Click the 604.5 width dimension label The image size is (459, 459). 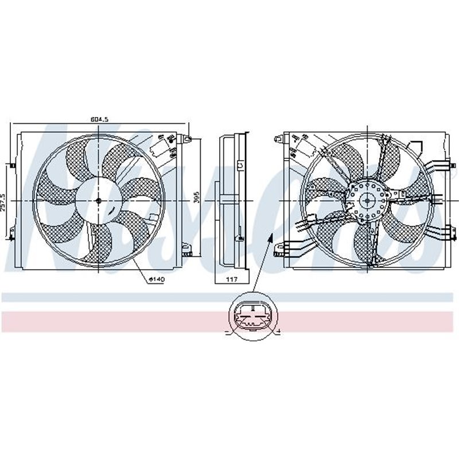(99, 119)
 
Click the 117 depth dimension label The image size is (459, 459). (231, 279)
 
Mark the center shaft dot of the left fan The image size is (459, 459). (98, 200)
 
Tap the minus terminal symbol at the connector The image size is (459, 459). (227, 332)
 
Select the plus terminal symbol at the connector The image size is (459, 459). (278, 332)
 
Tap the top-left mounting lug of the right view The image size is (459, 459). (278, 138)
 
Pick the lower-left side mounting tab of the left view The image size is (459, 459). (11, 235)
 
